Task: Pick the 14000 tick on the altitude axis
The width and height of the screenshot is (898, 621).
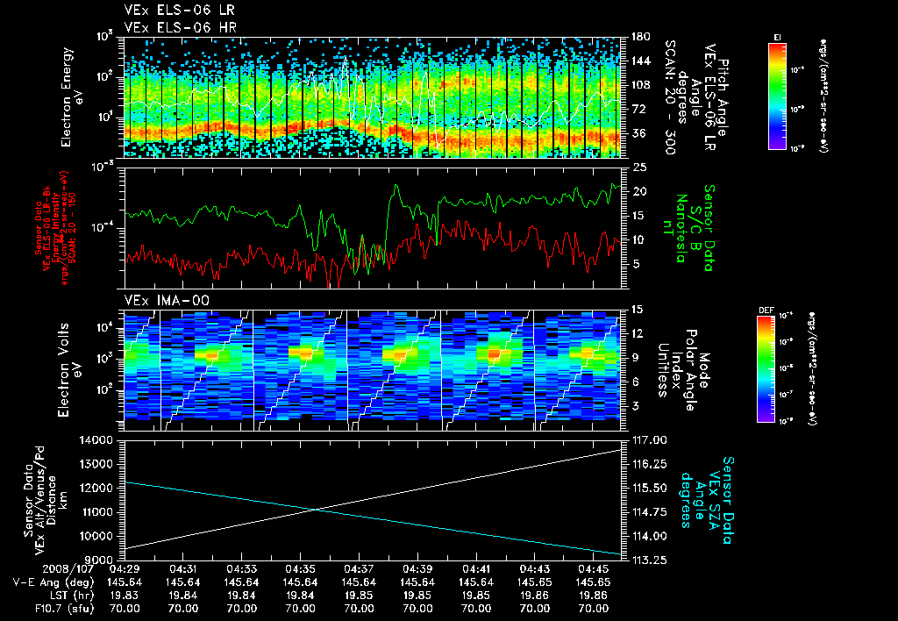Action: tap(100, 439)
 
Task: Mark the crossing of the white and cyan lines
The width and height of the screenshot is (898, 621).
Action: tap(317, 510)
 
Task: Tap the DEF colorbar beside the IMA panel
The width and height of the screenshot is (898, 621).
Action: tap(766, 368)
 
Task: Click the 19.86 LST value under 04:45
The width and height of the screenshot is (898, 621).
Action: tap(593, 594)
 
